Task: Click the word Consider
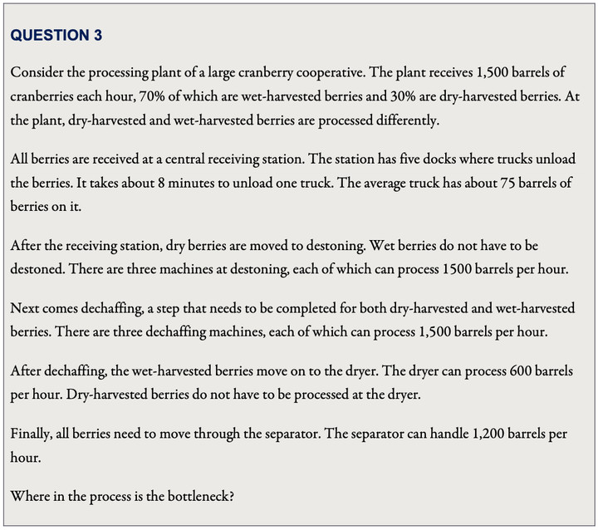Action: pos(36,72)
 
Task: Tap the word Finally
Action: pos(32,434)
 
